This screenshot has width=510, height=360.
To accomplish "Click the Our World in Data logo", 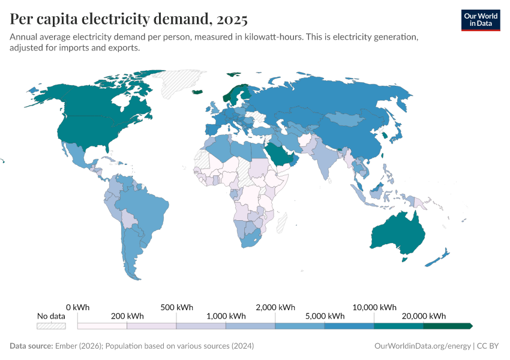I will click(480, 20).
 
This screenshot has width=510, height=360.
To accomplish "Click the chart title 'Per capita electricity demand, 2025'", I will click(128, 20).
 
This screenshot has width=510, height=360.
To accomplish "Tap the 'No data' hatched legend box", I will click(51, 326).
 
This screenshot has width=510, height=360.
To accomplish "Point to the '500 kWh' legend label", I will click(176, 307).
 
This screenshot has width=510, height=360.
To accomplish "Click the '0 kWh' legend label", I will click(78, 307).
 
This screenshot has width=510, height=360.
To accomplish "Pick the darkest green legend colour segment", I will click(447, 326).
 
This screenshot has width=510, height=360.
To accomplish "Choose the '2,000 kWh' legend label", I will click(275, 307).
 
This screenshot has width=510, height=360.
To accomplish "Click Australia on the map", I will click(397, 235).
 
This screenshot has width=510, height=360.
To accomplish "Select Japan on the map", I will click(397, 134).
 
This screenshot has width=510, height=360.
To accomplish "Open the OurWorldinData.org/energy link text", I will click(422, 346).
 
